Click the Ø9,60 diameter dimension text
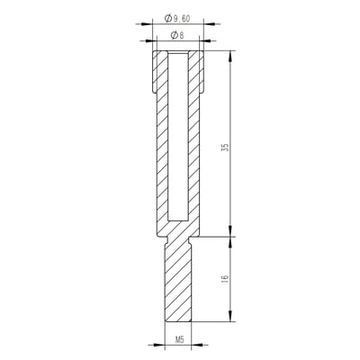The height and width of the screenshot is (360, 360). click(x=179, y=19)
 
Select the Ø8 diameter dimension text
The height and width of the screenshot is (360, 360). click(x=177, y=37)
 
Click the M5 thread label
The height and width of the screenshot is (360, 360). click(x=179, y=341)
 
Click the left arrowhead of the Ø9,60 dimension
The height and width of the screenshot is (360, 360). click(x=152, y=24)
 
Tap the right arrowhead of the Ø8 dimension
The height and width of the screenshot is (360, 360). click(x=200, y=42)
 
